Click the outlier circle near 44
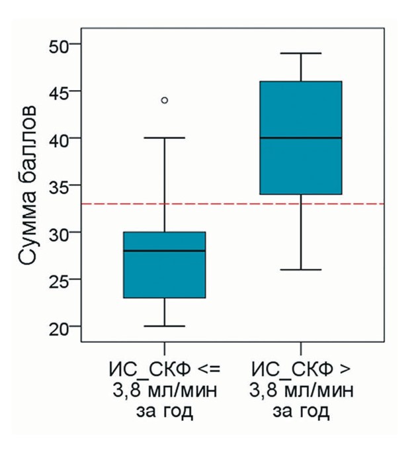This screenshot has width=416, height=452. (165, 100)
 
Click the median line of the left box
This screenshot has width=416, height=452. (165, 251)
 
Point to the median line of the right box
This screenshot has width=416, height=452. (301, 138)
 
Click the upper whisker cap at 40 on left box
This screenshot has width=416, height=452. (165, 138)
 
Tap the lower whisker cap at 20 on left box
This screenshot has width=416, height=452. (165, 326)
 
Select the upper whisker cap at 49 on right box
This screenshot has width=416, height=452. (301, 53)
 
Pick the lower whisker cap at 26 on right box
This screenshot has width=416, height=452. (301, 270)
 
